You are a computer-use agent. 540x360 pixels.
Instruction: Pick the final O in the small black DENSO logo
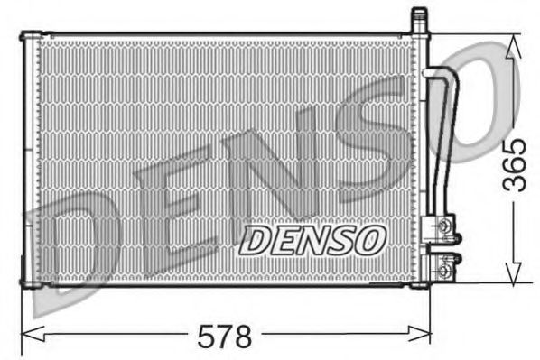pyautogui.click(x=370, y=241)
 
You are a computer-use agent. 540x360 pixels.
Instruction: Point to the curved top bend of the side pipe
pyautogui.click(x=442, y=76)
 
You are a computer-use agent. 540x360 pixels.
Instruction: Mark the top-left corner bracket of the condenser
pyautogui.click(x=30, y=36)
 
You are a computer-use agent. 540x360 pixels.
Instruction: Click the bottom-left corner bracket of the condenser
pyautogui.click(x=30, y=285)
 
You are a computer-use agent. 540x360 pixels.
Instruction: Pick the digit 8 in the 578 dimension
pyautogui.click(x=240, y=337)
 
